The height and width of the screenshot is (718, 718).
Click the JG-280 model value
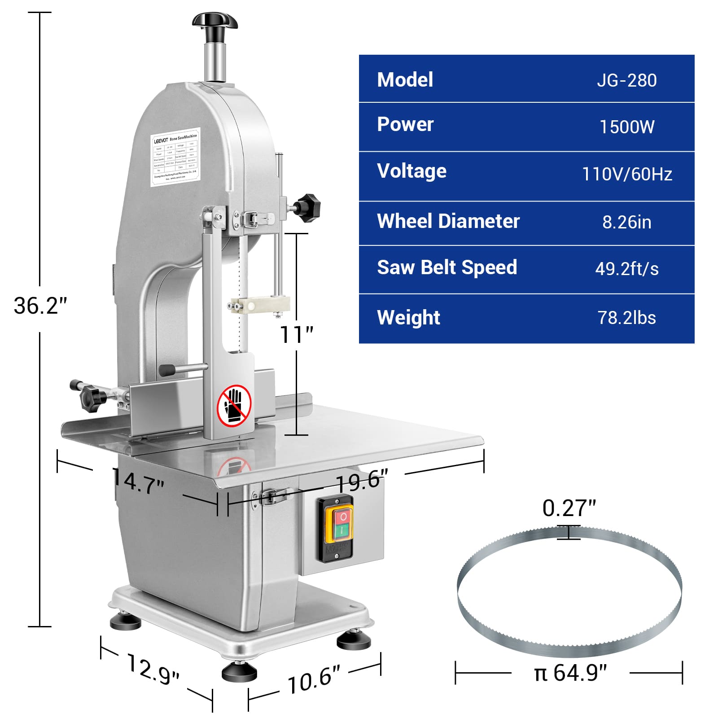[x=626, y=80]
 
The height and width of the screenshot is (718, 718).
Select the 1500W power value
[x=626, y=127]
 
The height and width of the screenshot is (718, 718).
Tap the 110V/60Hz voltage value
[x=626, y=174]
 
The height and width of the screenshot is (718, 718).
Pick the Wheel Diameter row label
[x=448, y=221]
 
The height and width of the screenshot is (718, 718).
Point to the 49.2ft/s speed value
[x=626, y=269]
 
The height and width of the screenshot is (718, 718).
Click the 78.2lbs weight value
[x=626, y=318]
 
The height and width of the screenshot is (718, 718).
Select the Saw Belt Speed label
[x=447, y=267]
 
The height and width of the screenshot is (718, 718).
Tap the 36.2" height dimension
[x=40, y=306]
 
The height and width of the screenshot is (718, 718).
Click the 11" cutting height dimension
[x=296, y=334]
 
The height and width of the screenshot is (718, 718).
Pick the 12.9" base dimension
[x=153, y=670]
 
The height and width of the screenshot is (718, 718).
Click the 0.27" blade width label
[x=569, y=508]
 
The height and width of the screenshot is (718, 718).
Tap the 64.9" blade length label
[x=570, y=673]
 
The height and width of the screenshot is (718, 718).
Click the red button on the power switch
[x=343, y=517]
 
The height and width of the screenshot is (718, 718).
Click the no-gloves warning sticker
[x=234, y=406]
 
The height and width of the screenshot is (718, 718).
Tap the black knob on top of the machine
[x=215, y=21]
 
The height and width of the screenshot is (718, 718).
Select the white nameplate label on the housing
[x=175, y=157]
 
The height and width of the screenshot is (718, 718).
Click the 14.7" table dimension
[x=138, y=481]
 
